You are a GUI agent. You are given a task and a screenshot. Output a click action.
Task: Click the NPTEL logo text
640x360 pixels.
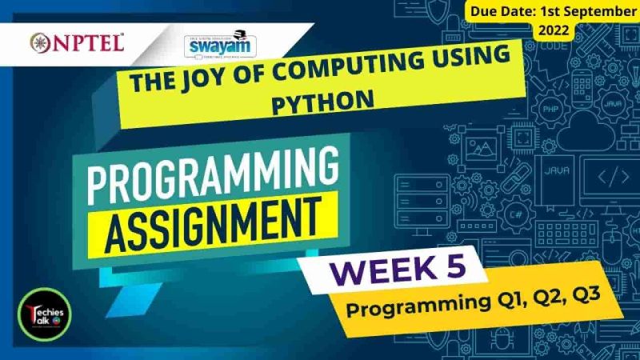tap(84, 42)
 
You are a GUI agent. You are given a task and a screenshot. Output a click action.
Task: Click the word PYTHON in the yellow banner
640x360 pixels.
tap(323, 102)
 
